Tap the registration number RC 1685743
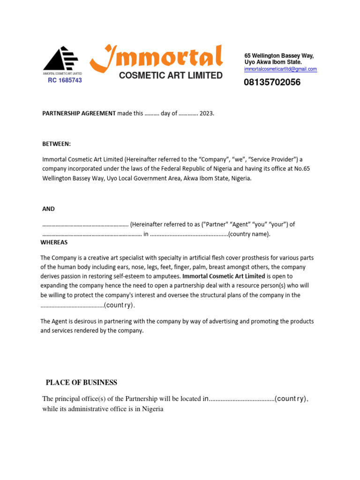(65, 80)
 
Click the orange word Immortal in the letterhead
(157, 58)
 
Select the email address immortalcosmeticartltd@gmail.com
(280, 69)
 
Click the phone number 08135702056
(272, 82)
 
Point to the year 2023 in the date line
(206, 113)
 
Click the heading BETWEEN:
(57, 144)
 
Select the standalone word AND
(49, 209)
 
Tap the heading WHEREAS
(54, 242)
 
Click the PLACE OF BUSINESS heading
(82, 382)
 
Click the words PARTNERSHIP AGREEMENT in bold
(79, 113)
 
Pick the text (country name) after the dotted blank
(249, 234)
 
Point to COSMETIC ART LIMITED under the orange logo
(171, 75)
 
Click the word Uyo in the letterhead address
(250, 62)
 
